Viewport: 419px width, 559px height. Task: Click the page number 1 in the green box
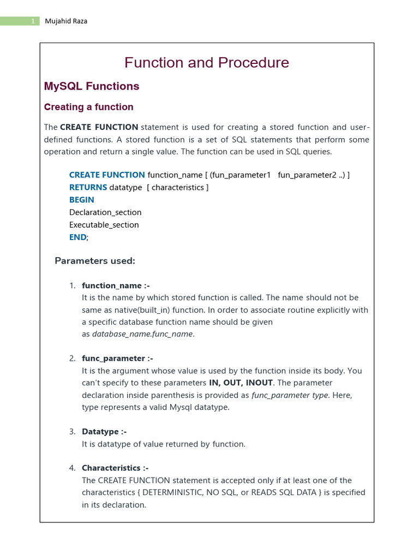(x=33, y=21)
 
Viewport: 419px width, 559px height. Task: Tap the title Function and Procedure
(x=206, y=63)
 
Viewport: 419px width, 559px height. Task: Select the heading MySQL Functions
(x=91, y=86)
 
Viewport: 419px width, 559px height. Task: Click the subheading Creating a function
(x=88, y=107)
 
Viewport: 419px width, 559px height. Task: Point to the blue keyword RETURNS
(x=88, y=187)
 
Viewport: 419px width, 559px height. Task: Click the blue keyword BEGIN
(x=81, y=200)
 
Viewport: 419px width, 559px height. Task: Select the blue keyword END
(x=77, y=237)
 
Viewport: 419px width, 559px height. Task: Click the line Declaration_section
(x=105, y=212)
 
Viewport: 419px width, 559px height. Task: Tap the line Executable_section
(x=104, y=225)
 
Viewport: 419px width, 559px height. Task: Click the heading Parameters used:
(x=94, y=261)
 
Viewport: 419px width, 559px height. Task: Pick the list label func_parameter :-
(x=117, y=358)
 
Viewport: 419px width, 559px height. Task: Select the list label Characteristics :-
(x=115, y=468)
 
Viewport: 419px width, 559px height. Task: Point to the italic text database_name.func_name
(x=143, y=334)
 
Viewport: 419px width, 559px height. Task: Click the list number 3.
(x=72, y=432)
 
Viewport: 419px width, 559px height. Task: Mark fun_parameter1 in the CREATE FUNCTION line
(x=241, y=175)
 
